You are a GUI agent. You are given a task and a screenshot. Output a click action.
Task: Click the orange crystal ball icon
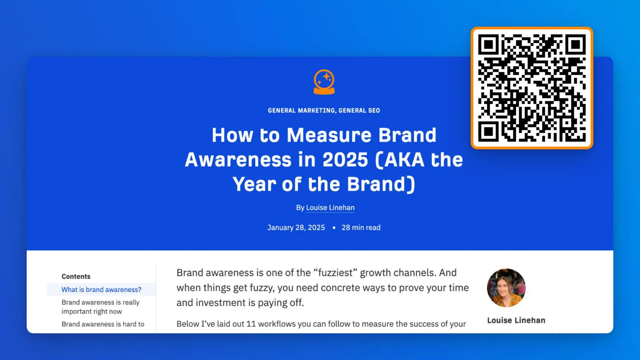324,82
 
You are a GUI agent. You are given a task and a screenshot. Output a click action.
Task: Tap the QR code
532,88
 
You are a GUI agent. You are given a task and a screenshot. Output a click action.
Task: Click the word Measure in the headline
329,135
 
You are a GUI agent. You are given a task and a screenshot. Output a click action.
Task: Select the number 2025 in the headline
345,160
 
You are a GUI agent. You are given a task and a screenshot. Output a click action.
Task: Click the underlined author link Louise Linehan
330,207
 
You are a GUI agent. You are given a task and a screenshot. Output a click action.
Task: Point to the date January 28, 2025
296,227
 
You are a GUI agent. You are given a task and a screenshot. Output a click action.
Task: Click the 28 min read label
361,227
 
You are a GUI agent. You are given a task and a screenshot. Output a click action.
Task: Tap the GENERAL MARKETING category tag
301,110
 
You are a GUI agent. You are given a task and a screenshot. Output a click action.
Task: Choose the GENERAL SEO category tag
359,110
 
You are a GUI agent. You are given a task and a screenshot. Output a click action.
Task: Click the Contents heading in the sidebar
76,276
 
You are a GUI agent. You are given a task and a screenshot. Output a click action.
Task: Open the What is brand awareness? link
101,290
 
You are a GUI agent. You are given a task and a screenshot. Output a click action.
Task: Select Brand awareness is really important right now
100,307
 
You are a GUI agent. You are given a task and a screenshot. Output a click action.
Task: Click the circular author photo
506,287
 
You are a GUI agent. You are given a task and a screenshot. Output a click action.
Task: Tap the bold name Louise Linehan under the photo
516,320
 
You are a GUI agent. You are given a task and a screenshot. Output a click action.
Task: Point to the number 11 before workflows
251,324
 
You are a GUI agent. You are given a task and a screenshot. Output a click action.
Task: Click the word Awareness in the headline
238,160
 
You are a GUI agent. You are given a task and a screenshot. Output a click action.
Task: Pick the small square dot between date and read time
334,228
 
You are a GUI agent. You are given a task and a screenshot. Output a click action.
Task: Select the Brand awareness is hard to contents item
103,324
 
